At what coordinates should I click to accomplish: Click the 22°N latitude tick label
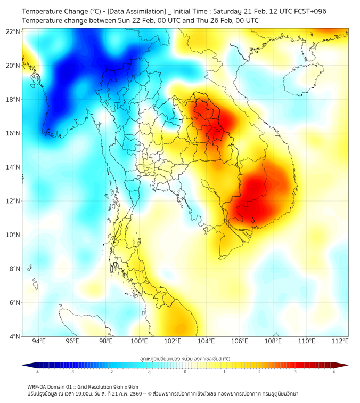(13, 31)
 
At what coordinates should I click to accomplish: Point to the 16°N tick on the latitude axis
(13, 133)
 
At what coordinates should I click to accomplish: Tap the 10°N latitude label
(13, 235)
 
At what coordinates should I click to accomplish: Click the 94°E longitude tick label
(39, 341)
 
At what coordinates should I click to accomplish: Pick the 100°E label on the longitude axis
(140, 341)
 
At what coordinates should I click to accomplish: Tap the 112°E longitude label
(340, 341)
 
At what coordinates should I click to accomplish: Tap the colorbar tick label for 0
(185, 372)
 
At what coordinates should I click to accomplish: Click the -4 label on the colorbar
(36, 372)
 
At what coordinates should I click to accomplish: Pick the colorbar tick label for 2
(259, 372)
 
